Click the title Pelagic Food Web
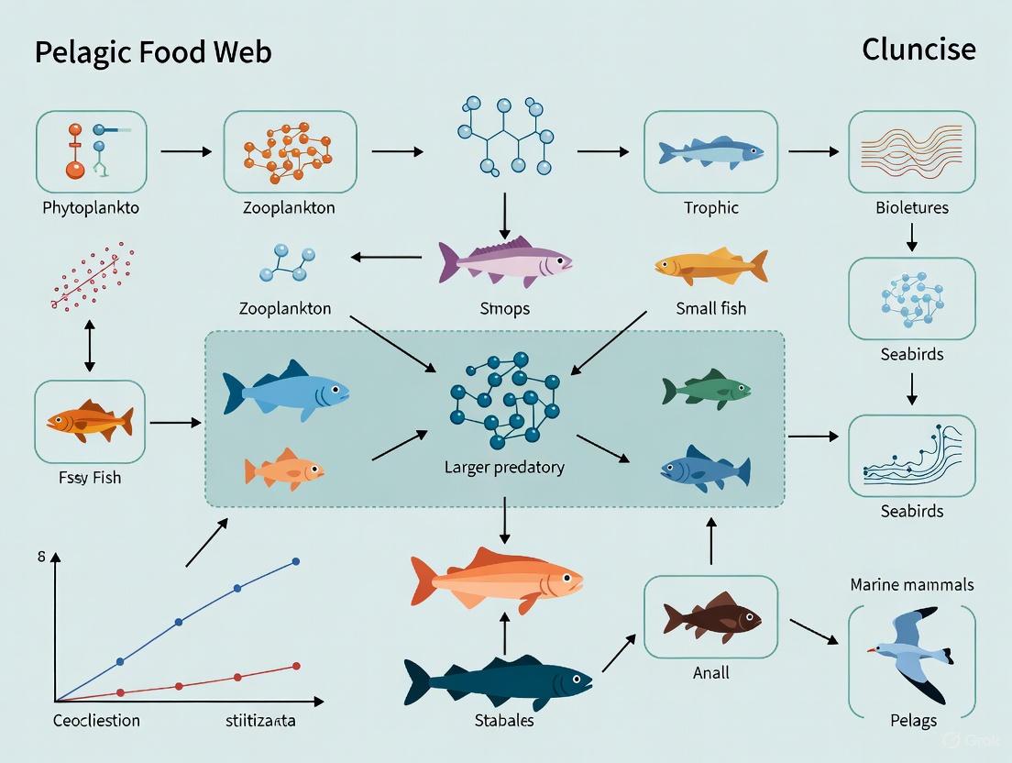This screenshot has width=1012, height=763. [x=153, y=52]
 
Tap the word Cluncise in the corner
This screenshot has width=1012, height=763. [x=918, y=49]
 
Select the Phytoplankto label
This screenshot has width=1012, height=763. [x=91, y=207]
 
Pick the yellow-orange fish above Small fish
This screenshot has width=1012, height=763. [x=710, y=266]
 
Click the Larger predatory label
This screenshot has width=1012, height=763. [x=504, y=467]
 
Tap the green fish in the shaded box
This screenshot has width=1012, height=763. [x=707, y=389]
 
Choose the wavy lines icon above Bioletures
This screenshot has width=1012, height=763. [x=911, y=152]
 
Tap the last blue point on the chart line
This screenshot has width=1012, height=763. [x=296, y=561]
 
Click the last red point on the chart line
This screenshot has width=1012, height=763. [x=296, y=666]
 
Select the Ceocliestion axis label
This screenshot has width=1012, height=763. [x=96, y=720]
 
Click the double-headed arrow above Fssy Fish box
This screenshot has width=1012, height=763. [x=89, y=347]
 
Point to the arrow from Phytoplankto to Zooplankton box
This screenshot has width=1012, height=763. [x=185, y=149]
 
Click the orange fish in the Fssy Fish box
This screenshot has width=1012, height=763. [x=90, y=422]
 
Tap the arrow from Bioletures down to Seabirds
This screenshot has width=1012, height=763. [x=911, y=238]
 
